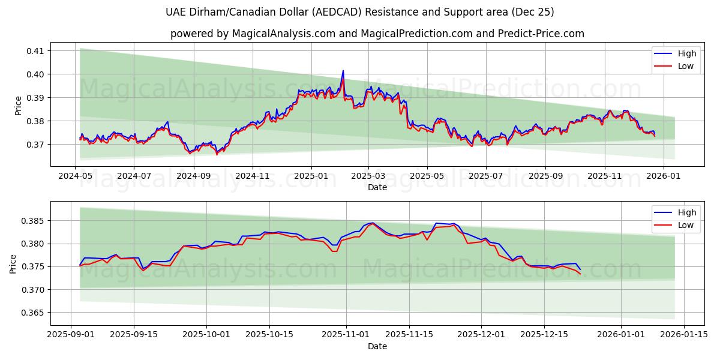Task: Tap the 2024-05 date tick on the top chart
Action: (x=75, y=177)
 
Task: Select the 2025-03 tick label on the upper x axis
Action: (x=368, y=177)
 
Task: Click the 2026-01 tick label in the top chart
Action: (x=663, y=177)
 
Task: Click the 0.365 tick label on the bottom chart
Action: (x=34, y=313)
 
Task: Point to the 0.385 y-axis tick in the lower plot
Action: (x=34, y=221)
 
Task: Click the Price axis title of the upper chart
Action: (x=18, y=106)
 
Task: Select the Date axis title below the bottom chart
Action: (x=377, y=346)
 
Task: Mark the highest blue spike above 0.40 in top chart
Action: (x=343, y=71)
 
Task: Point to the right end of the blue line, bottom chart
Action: (x=580, y=269)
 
